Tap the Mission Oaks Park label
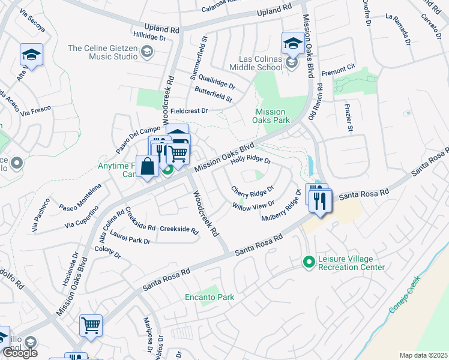click(270, 116)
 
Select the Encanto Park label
click(209, 297)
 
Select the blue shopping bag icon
click(148, 166)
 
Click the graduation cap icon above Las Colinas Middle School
click(292, 43)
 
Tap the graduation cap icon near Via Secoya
click(31, 55)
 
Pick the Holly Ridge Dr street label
click(252, 160)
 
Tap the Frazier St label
click(349, 116)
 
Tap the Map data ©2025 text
click(423, 355)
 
